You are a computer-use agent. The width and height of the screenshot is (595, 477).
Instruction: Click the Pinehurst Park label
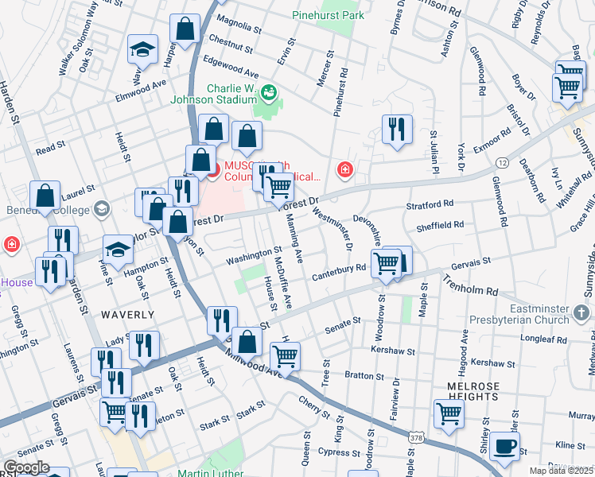(351, 15)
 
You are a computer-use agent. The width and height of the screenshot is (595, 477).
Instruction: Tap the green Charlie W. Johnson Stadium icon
(269, 94)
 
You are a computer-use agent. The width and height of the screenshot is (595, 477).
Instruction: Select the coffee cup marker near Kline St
(504, 447)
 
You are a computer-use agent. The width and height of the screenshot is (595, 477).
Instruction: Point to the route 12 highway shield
(502, 162)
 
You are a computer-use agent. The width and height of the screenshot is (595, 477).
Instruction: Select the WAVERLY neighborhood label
(127, 315)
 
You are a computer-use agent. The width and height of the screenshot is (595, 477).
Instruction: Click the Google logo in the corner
(26, 467)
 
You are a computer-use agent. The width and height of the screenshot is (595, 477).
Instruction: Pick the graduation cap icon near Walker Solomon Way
(142, 50)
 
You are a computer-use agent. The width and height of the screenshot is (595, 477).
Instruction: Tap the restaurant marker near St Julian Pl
(397, 129)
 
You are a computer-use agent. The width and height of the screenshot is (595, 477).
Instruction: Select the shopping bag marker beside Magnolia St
(185, 30)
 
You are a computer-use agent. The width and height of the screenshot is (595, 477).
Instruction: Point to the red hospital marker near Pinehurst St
(344, 169)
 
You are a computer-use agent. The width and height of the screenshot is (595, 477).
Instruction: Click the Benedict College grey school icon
(101, 208)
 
